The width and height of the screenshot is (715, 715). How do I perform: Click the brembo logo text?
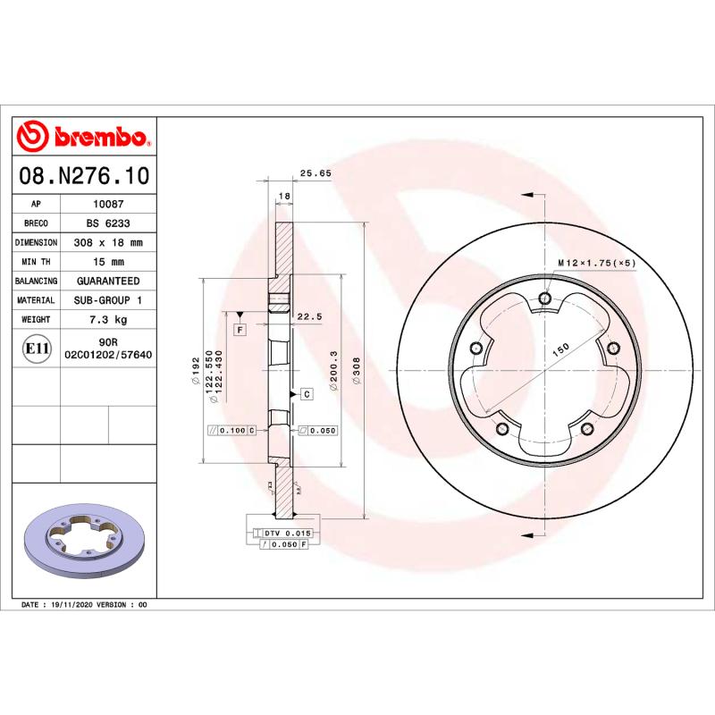(x=100, y=137)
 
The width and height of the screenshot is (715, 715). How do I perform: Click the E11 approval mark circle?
(x=36, y=348)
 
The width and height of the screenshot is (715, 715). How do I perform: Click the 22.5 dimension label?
(x=308, y=316)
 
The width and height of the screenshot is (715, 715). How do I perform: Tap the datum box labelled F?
(x=240, y=330)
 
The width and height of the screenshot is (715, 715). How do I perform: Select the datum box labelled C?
(x=306, y=393)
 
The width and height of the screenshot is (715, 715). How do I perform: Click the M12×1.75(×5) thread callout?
(x=596, y=264)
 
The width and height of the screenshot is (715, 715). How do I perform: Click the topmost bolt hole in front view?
(x=545, y=299)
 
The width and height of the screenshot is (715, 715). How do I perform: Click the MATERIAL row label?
(x=36, y=300)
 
